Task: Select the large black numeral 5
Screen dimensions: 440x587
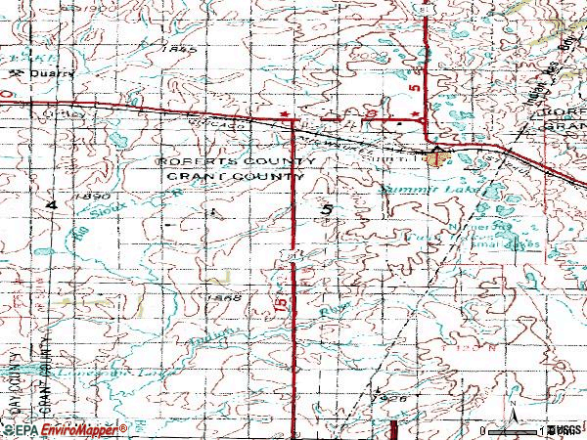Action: click(326, 210)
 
